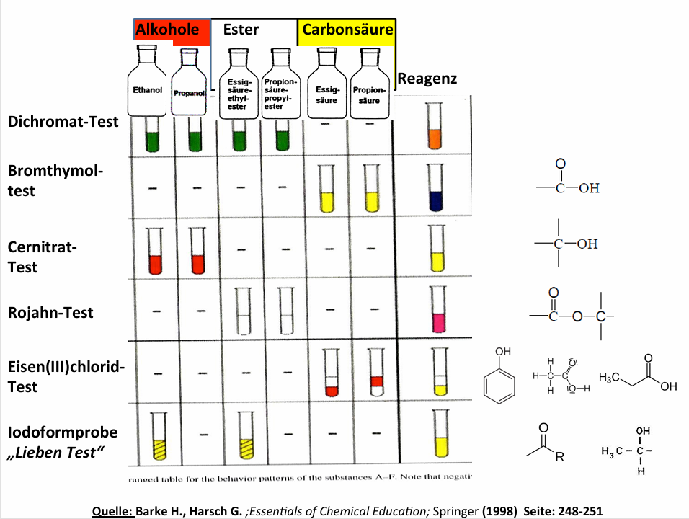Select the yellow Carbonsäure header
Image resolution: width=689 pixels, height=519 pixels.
click(347, 30)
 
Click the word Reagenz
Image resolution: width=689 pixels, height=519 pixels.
click(427, 79)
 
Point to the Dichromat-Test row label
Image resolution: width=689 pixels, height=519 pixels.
click(63, 122)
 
